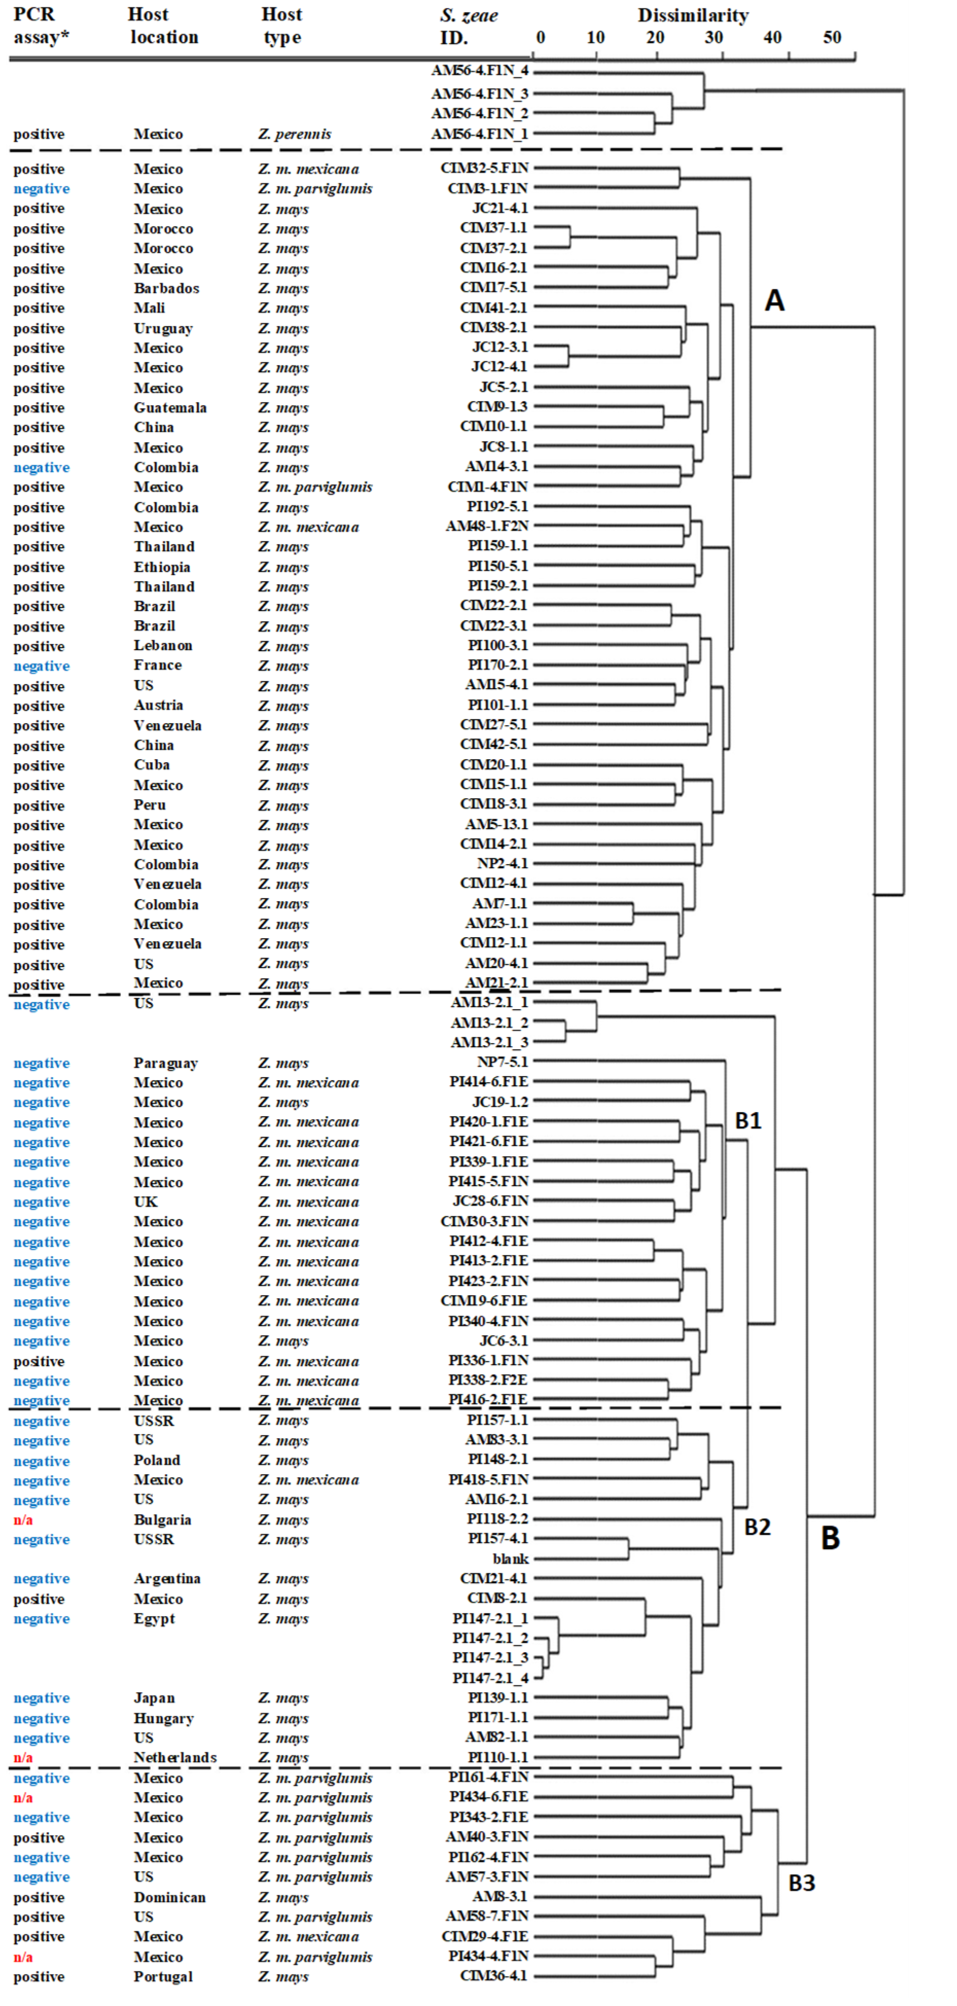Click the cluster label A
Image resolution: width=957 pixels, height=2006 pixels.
pos(774,300)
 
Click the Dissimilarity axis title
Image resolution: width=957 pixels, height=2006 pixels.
pos(692,15)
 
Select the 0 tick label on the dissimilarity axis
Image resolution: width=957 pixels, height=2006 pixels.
pos(540,38)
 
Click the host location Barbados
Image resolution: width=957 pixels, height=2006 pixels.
pos(166,288)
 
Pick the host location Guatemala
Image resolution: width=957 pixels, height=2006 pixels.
pos(170,407)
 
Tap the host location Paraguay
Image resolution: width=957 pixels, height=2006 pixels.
pos(165,1063)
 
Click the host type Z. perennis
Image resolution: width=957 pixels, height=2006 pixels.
pos(294,134)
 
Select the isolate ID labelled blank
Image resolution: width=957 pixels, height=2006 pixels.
pos(510,1558)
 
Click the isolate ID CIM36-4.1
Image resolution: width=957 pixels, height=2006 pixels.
pos(493,1976)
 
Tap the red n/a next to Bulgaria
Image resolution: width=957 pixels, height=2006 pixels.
pos(23,1519)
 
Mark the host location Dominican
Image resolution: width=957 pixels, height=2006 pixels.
pos(169,1897)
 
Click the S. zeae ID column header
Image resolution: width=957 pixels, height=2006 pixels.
pos(468,26)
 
